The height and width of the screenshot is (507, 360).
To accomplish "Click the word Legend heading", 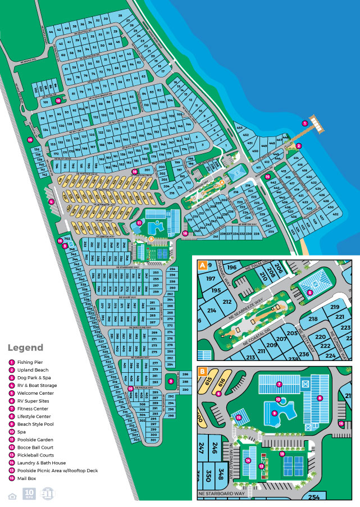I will pyautogui.click(x=25, y=348).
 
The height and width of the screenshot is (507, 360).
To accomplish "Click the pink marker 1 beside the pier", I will pyautogui.click(x=305, y=123).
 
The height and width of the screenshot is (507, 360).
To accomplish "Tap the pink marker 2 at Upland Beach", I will pyautogui.click(x=299, y=145).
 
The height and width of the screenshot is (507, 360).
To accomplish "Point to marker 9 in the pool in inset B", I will pyautogui.click(x=275, y=413).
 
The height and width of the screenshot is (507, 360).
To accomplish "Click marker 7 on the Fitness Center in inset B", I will pyautogui.click(x=279, y=385).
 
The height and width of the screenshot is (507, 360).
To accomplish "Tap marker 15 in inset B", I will pyautogui.click(x=239, y=418).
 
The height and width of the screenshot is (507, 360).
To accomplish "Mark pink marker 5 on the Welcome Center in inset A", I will pyautogui.click(x=309, y=293).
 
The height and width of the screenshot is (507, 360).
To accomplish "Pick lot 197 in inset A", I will pyautogui.click(x=211, y=279).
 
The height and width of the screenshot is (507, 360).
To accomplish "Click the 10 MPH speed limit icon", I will pyautogui.click(x=29, y=494).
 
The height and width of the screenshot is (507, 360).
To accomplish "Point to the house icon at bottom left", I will pyautogui.click(x=12, y=495).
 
